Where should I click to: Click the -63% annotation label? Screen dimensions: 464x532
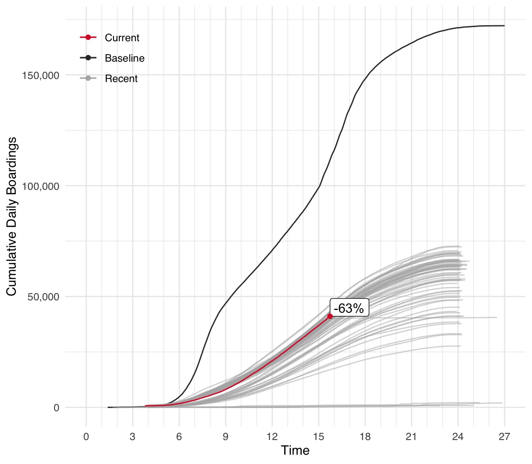349,308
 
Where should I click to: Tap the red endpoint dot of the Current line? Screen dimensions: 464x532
330,316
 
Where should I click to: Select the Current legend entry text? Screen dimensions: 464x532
122,38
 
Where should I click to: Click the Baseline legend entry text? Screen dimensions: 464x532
125,59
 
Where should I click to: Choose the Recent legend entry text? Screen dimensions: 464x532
121,79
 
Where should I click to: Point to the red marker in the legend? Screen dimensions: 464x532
88,38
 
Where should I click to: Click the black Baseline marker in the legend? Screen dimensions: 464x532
88,58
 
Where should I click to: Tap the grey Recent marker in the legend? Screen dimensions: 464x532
88,79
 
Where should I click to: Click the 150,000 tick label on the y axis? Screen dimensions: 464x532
41,75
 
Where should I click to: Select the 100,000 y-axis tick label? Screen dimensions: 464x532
41,186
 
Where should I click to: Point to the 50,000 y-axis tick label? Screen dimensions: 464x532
43,297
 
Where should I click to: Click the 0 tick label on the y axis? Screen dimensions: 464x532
56,408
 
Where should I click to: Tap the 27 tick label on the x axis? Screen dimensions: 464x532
505,437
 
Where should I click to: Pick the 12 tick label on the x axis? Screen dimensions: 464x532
272,437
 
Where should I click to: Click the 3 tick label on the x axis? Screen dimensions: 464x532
133,437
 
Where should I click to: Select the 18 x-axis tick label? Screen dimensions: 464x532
365,437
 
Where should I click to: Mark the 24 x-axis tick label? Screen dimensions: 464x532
458,437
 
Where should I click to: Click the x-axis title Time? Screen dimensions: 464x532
295,451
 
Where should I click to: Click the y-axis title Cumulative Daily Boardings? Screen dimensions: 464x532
12,216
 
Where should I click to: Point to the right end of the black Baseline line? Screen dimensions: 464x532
504,26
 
